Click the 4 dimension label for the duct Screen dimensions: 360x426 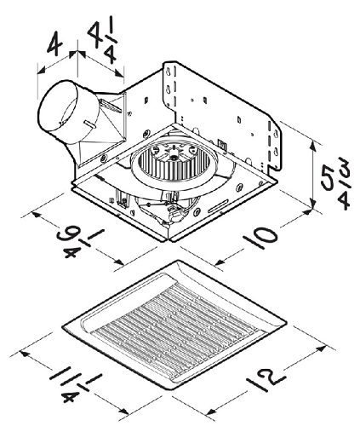pos(54,43)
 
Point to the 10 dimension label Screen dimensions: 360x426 pos(260,237)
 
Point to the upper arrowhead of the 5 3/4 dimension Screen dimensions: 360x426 pos(312,147)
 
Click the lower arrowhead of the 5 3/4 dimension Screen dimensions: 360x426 pos(312,203)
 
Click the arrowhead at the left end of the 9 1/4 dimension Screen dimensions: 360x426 pos(37,215)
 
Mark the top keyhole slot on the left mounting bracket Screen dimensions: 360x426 pos(169,72)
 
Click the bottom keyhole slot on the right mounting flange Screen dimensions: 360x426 pos(276,152)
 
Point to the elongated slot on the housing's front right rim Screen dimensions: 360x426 pos(219,206)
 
